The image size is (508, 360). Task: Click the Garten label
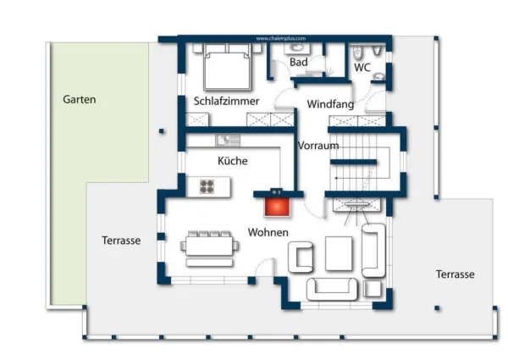coord(80,99)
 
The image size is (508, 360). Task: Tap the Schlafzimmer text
coord(226,101)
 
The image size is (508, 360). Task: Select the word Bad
coord(298,63)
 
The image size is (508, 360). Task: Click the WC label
coord(362,67)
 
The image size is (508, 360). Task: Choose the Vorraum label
coord(318,146)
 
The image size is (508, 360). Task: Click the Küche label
coord(231,160)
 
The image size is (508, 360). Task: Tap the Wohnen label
coord(268,232)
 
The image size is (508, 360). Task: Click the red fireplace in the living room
coord(276,207)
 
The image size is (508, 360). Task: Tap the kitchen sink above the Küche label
coord(224,140)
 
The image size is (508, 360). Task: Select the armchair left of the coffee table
coord(302,256)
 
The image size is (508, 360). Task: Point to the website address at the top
coord(279,38)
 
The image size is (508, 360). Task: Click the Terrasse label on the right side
coord(455,274)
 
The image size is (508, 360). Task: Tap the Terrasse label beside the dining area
coord(121,241)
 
